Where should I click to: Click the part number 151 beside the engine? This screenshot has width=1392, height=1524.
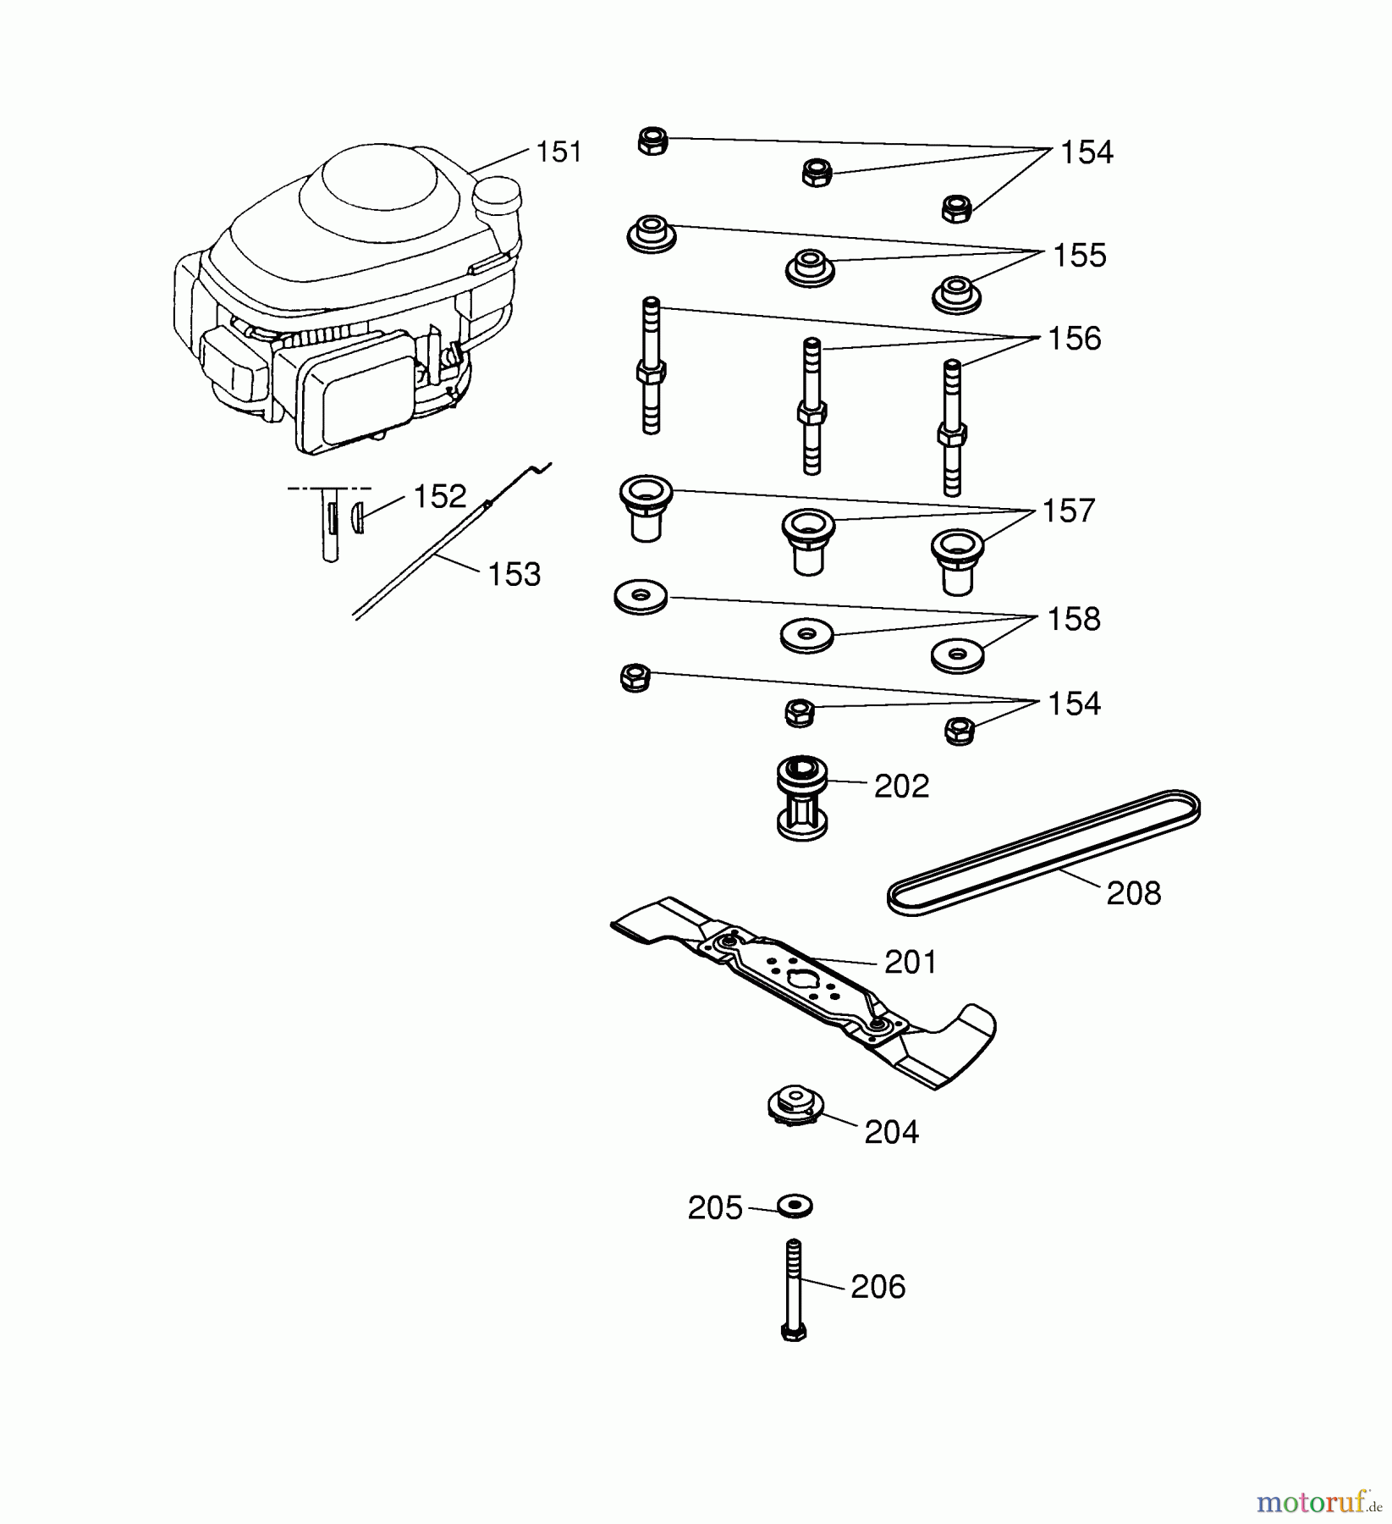coord(559,152)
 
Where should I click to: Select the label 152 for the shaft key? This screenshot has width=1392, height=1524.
coord(439,497)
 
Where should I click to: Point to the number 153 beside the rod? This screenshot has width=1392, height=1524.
coord(514,575)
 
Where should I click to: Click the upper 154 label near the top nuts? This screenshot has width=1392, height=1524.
coord(1087,153)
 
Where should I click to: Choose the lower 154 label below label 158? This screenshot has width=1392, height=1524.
coord(1074,704)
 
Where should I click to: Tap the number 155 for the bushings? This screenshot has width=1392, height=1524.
coord(1079,256)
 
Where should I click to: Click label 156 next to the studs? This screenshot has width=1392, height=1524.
coord(1074,339)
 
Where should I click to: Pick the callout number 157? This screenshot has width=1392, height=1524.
coord(1068,511)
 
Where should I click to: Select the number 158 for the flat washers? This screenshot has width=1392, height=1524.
coord(1074,620)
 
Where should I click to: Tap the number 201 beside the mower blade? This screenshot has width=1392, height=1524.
coord(911,963)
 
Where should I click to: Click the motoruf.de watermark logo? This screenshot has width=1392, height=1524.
coord(1321,1502)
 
